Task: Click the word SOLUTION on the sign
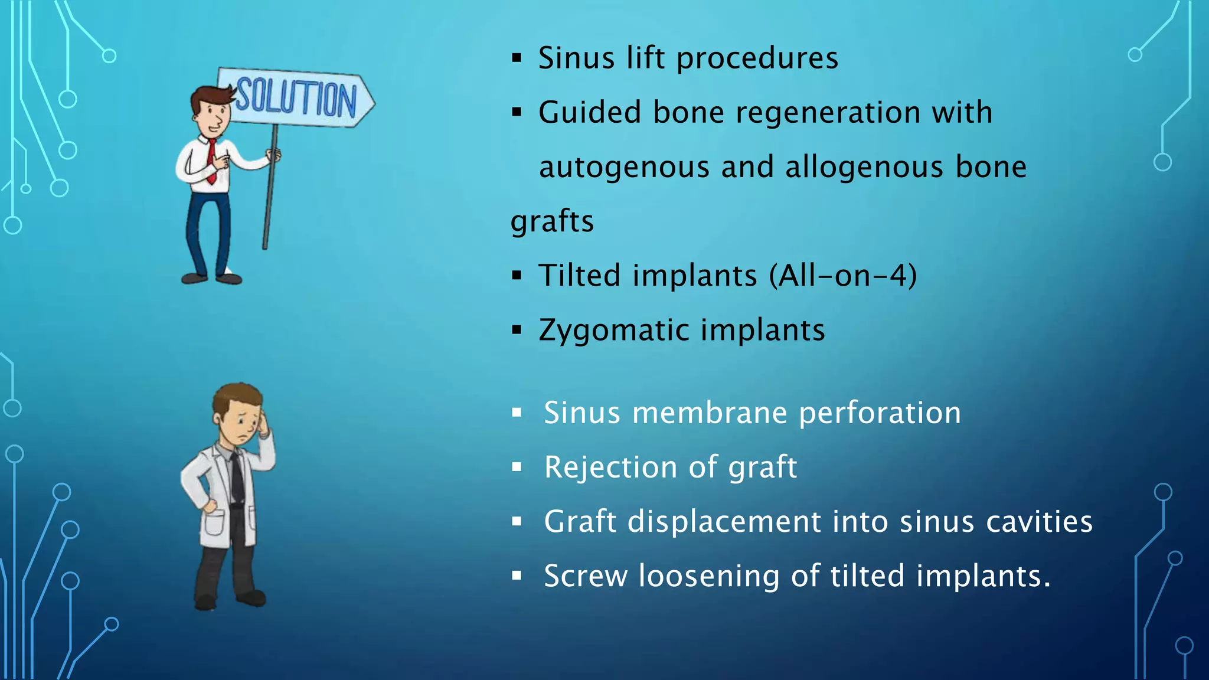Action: [x=296, y=97]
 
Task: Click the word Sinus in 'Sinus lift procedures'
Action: [x=576, y=58]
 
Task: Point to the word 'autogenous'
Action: [x=624, y=167]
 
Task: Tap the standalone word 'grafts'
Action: [x=552, y=221]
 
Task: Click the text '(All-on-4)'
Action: [x=843, y=275]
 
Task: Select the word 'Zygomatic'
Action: [x=613, y=330]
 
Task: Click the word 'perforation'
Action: [x=880, y=413]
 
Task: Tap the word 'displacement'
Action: [x=724, y=522]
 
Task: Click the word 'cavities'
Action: [x=1039, y=522]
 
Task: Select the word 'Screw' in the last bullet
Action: [x=585, y=576]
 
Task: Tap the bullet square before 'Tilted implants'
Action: [x=517, y=275]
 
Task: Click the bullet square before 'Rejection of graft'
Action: [x=517, y=467]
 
